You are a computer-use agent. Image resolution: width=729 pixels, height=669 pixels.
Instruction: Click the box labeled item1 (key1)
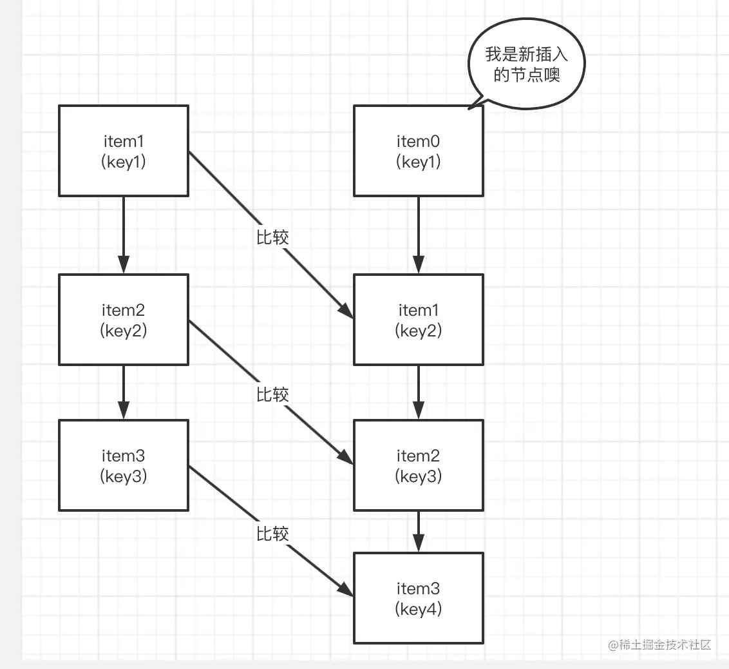tap(124, 151)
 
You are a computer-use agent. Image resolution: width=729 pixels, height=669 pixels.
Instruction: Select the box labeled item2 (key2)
tap(124, 320)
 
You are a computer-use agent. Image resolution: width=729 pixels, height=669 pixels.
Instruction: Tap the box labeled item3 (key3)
tap(124, 465)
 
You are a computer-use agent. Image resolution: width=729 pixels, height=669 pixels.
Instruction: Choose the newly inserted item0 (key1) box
tap(419, 151)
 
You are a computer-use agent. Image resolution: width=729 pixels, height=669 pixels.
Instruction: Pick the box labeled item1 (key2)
tap(419, 320)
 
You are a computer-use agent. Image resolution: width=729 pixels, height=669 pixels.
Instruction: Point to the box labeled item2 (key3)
tap(419, 465)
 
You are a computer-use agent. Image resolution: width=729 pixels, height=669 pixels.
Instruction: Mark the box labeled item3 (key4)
tap(419, 597)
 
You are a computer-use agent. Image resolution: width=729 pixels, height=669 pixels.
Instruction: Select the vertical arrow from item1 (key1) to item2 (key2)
tap(124, 235)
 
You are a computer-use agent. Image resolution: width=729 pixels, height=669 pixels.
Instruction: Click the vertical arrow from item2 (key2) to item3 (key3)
tap(124, 392)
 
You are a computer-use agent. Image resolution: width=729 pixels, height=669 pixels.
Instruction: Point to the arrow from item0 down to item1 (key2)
tap(419, 235)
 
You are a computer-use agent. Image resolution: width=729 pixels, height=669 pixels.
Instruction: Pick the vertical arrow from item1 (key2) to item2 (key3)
tap(419, 392)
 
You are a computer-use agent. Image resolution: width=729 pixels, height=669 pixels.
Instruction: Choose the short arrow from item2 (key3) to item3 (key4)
tap(419, 532)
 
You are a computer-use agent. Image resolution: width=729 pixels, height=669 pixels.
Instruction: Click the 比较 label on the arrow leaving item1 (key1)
tap(272, 237)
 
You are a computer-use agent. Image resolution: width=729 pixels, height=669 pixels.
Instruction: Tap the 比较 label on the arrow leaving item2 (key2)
tap(272, 394)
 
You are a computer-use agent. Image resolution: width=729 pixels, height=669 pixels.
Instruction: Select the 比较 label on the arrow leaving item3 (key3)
tap(272, 534)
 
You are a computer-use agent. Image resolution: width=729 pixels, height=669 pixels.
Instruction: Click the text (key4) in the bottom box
tap(419, 608)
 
